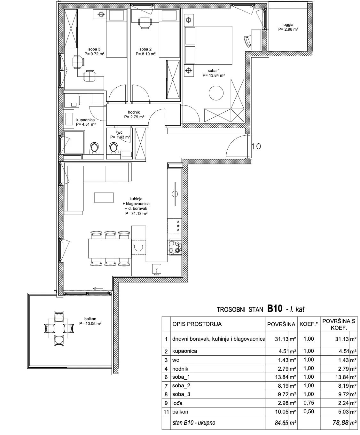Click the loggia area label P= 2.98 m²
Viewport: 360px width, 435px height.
pos(288,29)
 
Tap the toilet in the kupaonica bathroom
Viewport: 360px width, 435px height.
pos(94,148)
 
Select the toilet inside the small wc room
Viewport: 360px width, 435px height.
pos(113,148)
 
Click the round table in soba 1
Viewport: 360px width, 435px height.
pos(216,93)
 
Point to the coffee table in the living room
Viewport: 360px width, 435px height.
pos(104,197)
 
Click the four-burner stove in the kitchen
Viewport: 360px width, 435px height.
pos(175,247)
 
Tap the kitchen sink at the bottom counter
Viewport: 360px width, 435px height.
pos(156,269)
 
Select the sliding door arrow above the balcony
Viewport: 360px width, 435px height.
pos(98,289)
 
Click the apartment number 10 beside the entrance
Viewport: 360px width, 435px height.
pos(256,146)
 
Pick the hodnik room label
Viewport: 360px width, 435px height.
pos(134,112)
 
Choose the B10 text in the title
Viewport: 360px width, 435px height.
pos(275,308)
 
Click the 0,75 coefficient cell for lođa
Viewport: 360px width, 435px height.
pos(309,403)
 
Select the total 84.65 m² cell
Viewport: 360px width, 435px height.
pos(286,423)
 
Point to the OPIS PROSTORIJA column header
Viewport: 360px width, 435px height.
pos(197,324)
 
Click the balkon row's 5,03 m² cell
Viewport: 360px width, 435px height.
pos(347,412)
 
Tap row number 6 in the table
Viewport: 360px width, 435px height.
pos(166,377)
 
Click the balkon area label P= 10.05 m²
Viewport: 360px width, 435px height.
pos(90,324)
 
